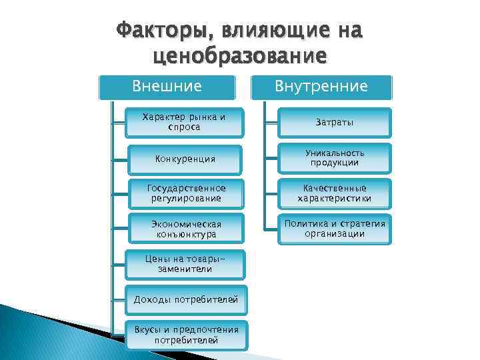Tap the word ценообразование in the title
point(240,55)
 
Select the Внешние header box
point(167,87)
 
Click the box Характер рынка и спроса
point(185,122)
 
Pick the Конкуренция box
point(185,159)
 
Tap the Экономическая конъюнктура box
point(185,229)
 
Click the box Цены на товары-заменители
point(185,264)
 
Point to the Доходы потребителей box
point(185,300)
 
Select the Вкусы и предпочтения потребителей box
point(185,335)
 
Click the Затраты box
point(335,123)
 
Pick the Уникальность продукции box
point(335,158)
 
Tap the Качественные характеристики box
point(335,193)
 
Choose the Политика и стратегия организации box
point(335,229)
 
